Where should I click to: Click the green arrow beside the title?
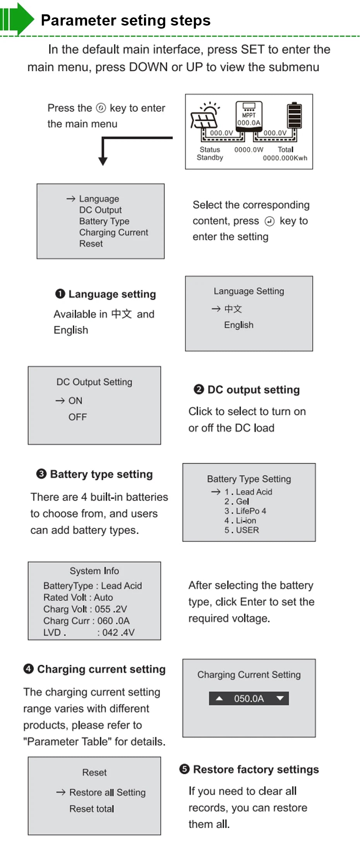coord(17,18)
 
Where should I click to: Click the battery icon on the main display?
coord(294,115)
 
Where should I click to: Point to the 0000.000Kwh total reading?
coord(285,158)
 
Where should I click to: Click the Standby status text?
coord(210,157)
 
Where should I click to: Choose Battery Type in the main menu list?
coord(104,221)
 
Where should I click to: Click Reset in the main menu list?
coord(91,244)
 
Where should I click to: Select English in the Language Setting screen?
coord(238,325)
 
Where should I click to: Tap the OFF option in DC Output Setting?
coord(77,417)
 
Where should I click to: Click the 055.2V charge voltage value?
coord(111,609)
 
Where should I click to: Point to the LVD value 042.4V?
coord(118,633)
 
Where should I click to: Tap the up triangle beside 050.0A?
coord(219,698)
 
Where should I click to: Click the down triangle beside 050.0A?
coord(280,698)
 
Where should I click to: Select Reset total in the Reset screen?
coord(92,809)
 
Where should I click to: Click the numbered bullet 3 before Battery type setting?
coord(41,474)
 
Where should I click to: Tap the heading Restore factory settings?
coord(256,769)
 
